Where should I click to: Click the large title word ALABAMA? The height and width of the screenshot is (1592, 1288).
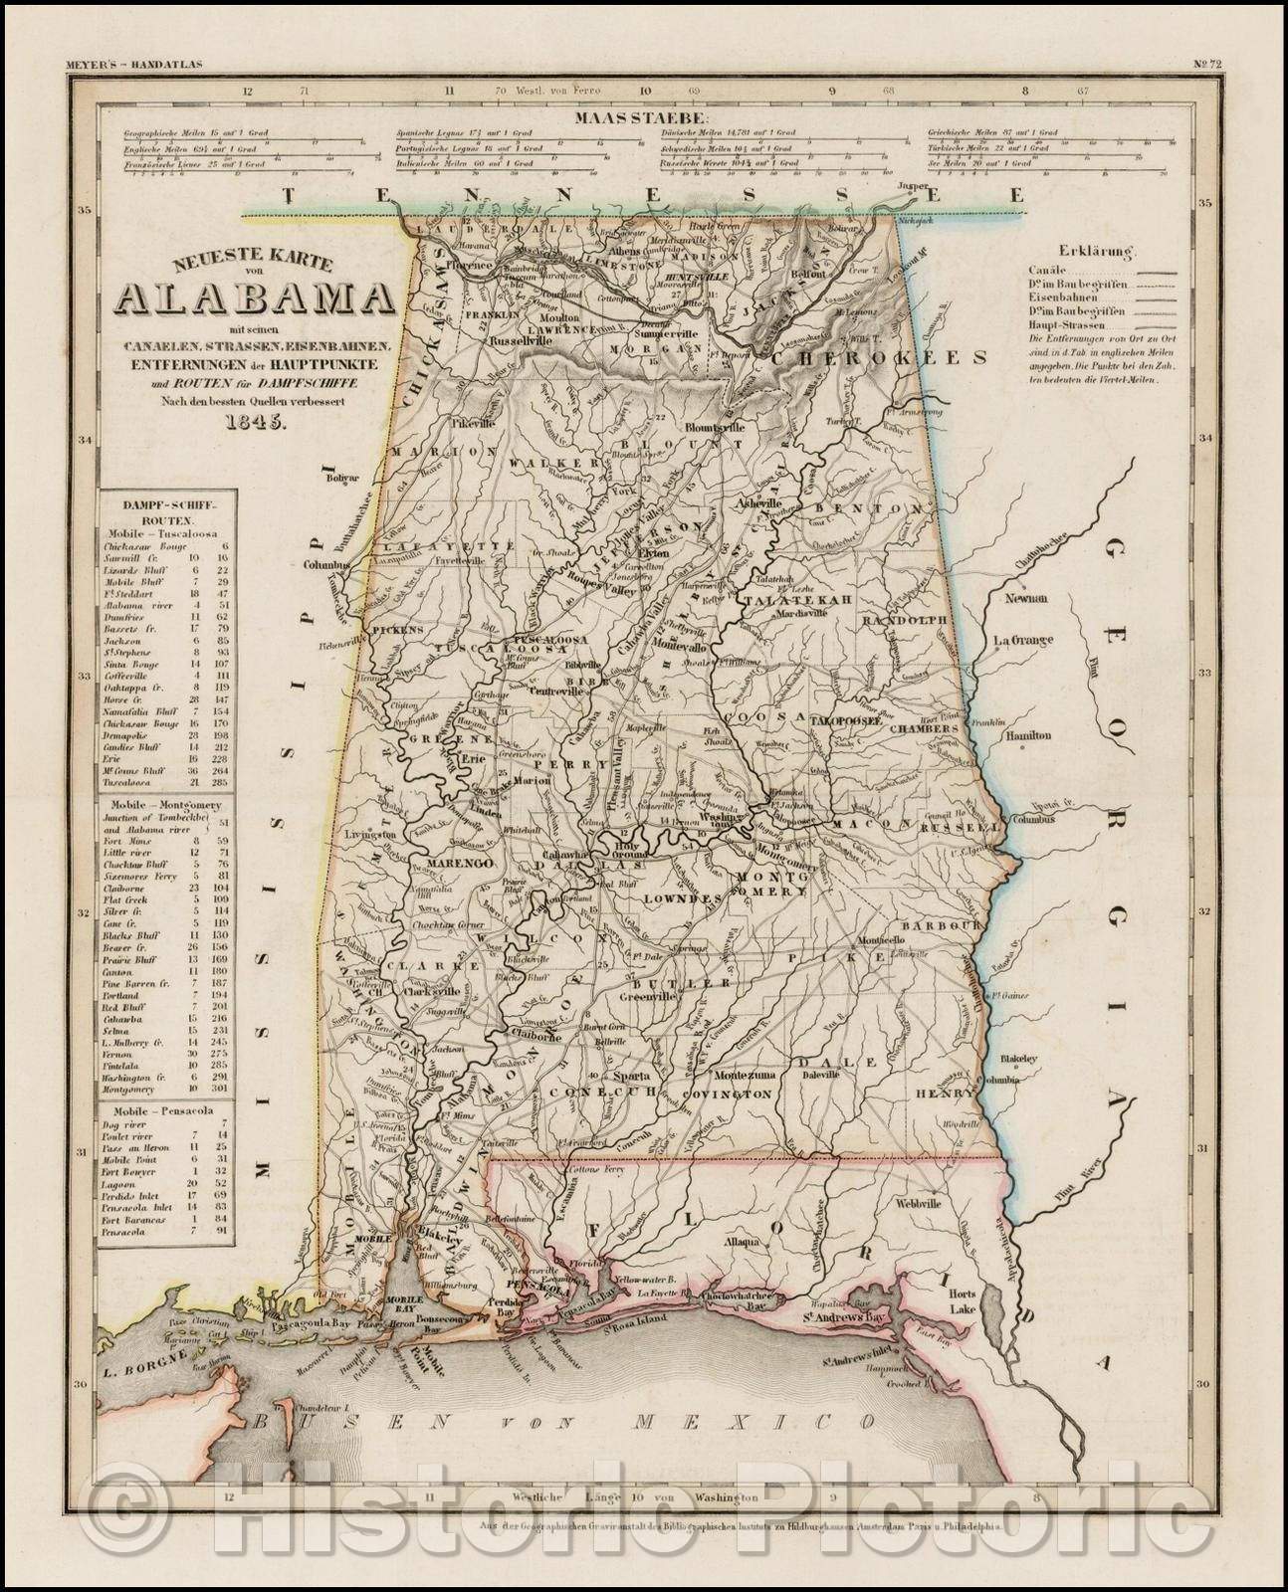point(254,297)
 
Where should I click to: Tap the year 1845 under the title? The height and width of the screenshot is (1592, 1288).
point(254,419)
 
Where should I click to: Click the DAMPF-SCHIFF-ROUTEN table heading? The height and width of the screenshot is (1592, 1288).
point(160,506)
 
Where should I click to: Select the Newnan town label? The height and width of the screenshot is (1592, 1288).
point(1028,598)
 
